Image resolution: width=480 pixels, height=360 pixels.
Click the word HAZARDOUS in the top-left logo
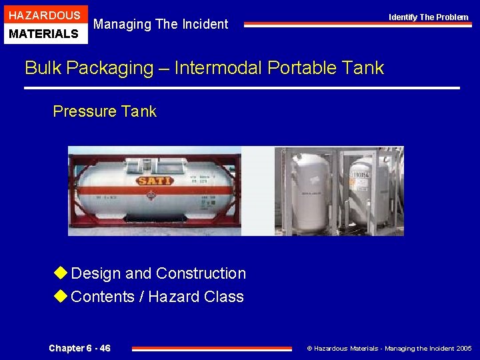tap(44, 15)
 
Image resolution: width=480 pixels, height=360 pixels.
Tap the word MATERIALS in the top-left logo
tap(44, 33)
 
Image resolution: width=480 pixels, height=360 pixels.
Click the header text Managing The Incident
tap(161, 25)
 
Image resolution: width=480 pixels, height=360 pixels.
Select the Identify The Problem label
tap(429, 17)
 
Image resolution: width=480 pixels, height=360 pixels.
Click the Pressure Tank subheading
tap(105, 111)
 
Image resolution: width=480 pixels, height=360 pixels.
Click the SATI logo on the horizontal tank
tap(155, 180)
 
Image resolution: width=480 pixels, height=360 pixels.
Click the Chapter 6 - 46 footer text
tap(80, 348)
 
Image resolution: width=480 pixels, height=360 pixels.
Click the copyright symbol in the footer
tap(309, 349)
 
